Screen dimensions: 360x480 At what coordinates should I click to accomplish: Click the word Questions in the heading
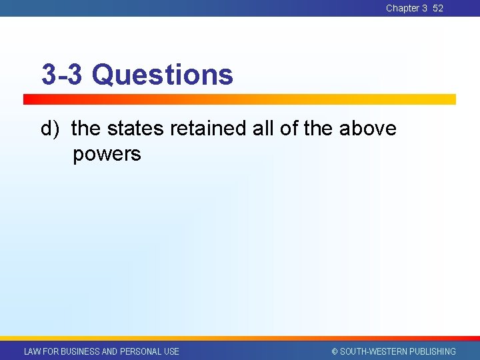pos(163,75)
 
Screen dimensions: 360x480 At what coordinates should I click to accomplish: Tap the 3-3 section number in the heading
pos(61,75)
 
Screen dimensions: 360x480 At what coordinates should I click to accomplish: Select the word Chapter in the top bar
pos(402,8)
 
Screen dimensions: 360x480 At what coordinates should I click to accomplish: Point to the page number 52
pos(437,8)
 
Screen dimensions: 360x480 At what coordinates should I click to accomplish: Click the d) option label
pos(51,128)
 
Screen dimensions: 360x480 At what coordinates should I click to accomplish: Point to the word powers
pos(107,154)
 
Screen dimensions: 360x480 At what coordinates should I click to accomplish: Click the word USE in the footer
pos(171,351)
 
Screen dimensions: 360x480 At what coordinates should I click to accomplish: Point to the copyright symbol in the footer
pos(335,351)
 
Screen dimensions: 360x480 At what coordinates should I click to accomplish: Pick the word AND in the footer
pos(109,351)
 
